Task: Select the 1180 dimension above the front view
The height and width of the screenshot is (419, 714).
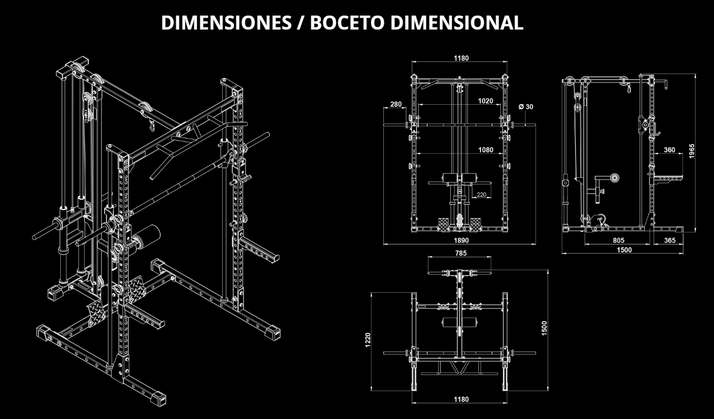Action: pos(461,57)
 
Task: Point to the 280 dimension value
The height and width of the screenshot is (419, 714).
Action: pos(396,104)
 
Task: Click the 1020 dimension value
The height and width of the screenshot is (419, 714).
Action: pos(485,100)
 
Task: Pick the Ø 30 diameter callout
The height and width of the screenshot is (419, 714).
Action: pos(526,106)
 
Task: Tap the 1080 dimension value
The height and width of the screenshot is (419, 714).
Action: pos(485,150)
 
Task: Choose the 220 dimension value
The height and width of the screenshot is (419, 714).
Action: pos(481,194)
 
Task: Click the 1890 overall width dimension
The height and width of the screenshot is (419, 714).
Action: pos(461,240)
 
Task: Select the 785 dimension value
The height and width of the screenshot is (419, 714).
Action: pos(461,252)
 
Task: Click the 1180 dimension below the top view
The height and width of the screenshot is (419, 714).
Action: pos(461,399)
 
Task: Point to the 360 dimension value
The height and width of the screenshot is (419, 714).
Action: pos(669,150)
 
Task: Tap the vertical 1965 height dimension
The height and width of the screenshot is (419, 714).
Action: pos(693,151)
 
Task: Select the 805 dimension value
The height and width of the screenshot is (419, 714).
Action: pos(618,240)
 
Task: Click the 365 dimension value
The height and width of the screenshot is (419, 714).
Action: pos(669,240)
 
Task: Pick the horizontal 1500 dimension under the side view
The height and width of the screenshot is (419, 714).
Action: pos(624,249)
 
